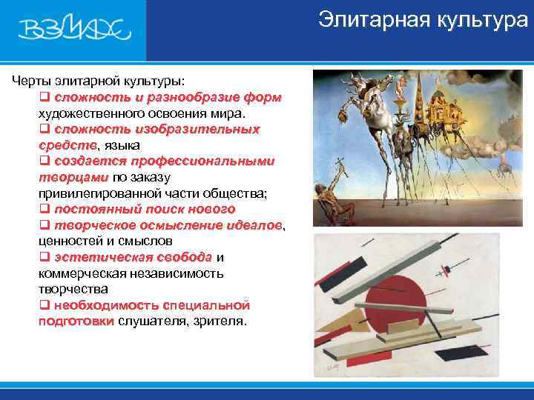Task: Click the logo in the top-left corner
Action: coord(74,30)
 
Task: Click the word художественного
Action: coord(88,113)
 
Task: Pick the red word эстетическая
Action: coord(93,257)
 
